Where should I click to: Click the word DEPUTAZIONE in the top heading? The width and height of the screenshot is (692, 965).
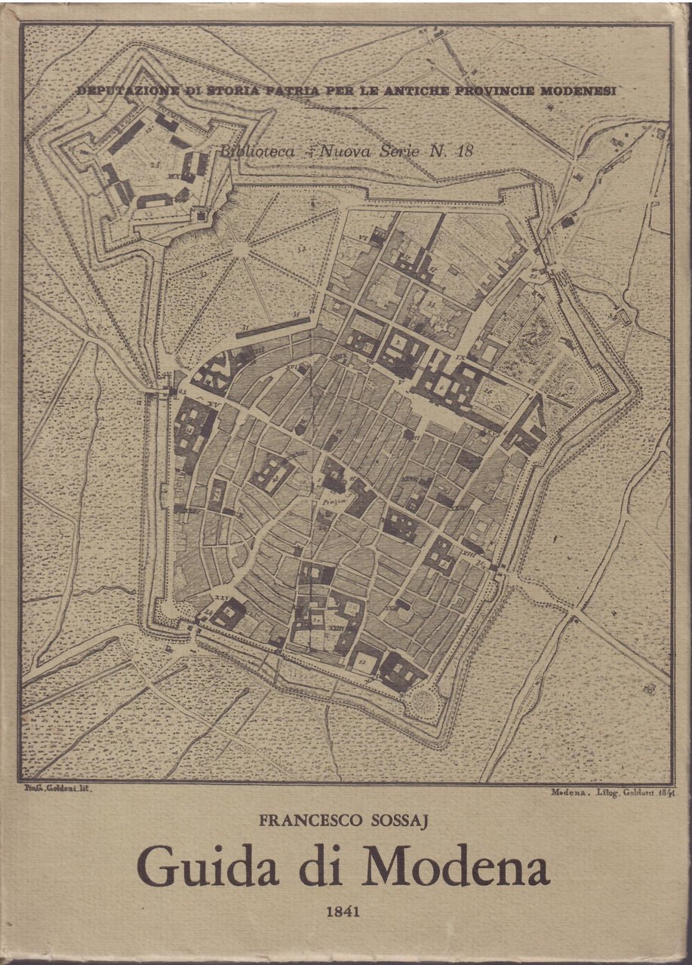pos(125,90)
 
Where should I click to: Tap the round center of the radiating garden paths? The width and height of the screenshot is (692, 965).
pos(240,249)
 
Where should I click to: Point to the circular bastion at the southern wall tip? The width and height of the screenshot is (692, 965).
pos(426,705)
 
